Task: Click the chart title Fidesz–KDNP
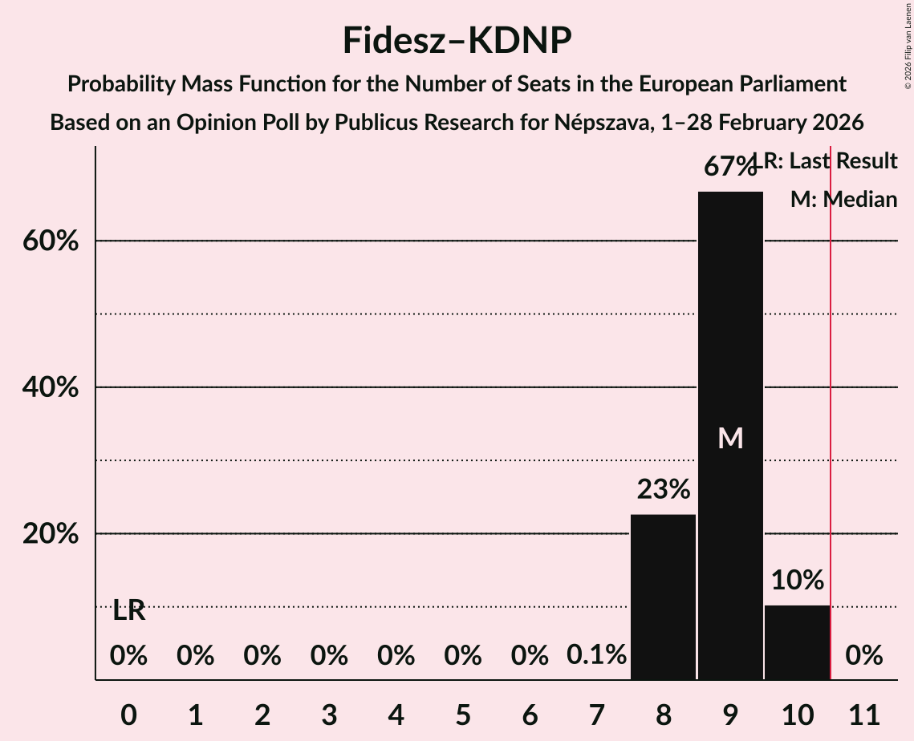pyautogui.click(x=457, y=40)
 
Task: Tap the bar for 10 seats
pyautogui.click(x=797, y=642)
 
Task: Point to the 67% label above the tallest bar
pyautogui.click(x=729, y=167)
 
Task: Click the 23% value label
pyautogui.click(x=663, y=488)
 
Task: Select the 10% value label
pyautogui.click(x=797, y=580)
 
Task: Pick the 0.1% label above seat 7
pyautogui.click(x=596, y=655)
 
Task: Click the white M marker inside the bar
pyautogui.click(x=730, y=438)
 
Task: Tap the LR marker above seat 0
pyautogui.click(x=128, y=610)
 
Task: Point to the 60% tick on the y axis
pyautogui.click(x=51, y=241)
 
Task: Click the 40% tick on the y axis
pyautogui.click(x=51, y=387)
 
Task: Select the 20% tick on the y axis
pyautogui.click(x=51, y=534)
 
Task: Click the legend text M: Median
pyautogui.click(x=843, y=200)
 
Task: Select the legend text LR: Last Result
pyautogui.click(x=827, y=161)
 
